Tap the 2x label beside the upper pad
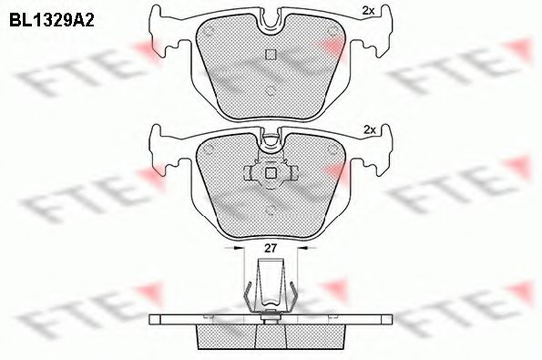(369, 11)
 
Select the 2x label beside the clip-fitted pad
(369, 130)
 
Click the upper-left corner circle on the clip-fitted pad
(208, 151)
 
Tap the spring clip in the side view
(270, 287)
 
